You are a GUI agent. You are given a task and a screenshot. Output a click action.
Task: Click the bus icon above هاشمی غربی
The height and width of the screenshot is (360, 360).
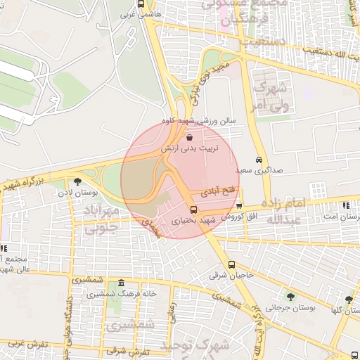pos(141,4)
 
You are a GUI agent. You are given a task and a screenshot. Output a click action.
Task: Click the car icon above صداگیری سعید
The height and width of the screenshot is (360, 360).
pos(259,160)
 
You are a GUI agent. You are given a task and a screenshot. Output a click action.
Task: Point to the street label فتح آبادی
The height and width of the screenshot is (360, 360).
pos(219,191)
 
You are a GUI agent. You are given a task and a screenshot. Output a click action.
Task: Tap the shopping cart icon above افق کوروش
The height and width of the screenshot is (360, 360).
pos(240,206)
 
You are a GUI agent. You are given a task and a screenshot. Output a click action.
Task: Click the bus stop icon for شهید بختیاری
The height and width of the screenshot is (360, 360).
pos(193,210)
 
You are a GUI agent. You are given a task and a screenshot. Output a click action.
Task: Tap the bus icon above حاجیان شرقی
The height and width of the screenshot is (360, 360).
pos(232,265)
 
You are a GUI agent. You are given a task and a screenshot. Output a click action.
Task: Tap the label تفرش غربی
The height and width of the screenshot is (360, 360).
pos(29,344)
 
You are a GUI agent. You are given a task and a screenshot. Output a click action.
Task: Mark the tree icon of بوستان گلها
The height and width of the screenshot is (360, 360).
pos(349,300)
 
